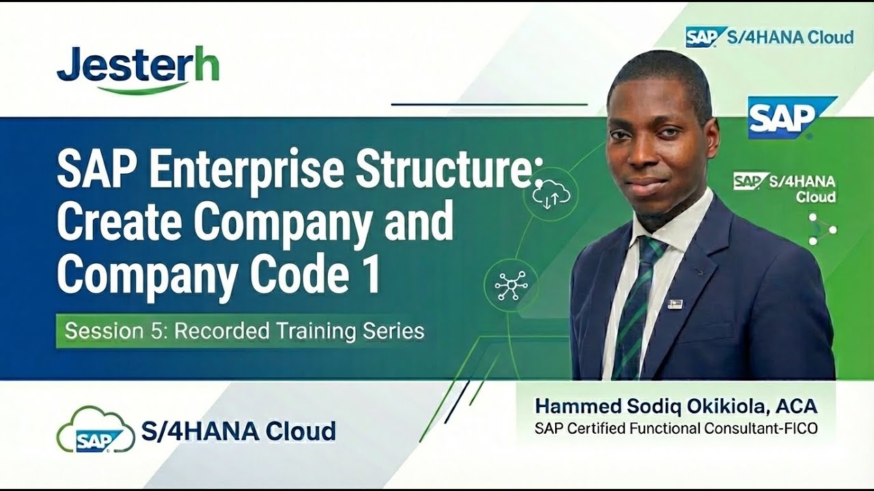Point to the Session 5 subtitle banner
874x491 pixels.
(x=244, y=331)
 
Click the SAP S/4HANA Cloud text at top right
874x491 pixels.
(x=770, y=37)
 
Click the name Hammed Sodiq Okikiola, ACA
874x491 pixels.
(x=675, y=406)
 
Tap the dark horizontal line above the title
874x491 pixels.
(x=489, y=104)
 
